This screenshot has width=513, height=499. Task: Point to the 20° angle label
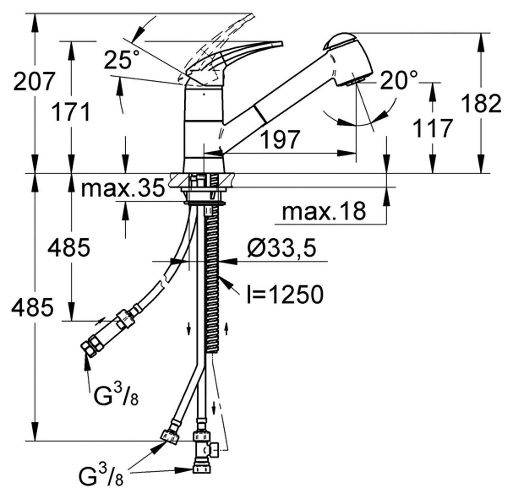click(x=399, y=80)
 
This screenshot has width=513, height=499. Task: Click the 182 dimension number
click(x=481, y=103)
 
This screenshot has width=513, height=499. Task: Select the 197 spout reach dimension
click(x=280, y=139)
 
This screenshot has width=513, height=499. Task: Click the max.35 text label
click(x=123, y=188)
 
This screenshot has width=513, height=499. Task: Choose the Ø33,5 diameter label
click(x=282, y=249)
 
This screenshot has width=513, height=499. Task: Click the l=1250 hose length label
click(x=285, y=294)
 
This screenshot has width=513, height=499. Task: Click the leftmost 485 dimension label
click(x=32, y=308)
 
